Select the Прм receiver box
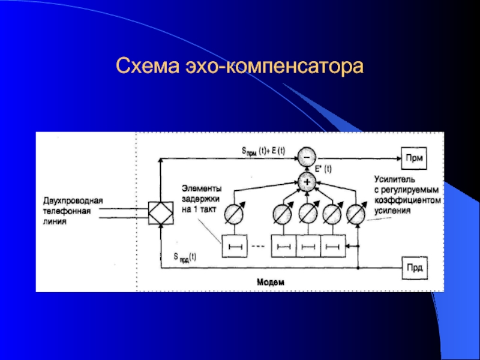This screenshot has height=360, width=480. pos(413,158)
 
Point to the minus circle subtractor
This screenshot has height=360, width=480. pos(307,158)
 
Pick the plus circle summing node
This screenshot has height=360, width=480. pos(307,180)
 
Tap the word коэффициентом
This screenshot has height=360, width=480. pos(408,201)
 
